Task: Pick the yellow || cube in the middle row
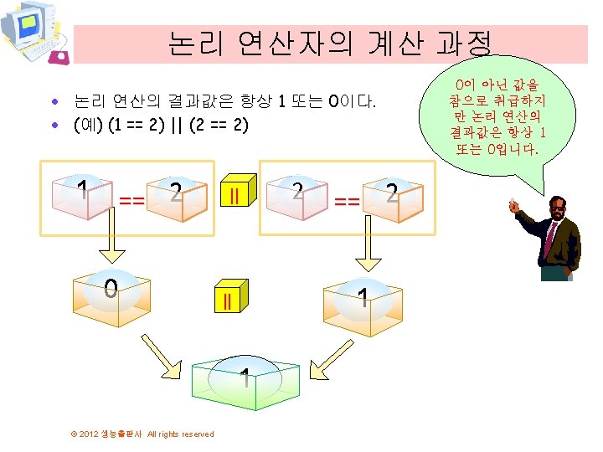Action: [x=227, y=300]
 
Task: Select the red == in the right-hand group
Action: [x=347, y=201]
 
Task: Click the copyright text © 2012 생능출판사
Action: [x=143, y=434]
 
